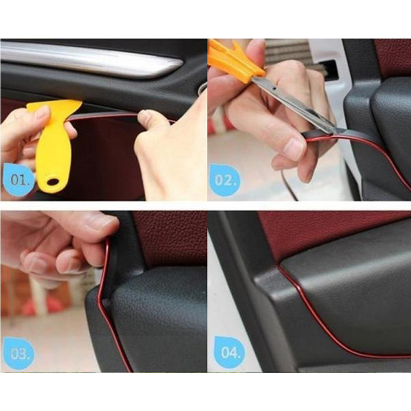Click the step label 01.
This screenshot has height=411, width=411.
point(19,180)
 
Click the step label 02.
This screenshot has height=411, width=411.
point(224,180)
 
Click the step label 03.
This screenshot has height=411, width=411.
point(18,353)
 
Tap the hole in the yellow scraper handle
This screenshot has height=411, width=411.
point(53,182)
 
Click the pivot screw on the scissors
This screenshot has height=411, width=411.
point(274,89)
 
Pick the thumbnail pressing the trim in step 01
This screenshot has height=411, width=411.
point(145,117)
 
